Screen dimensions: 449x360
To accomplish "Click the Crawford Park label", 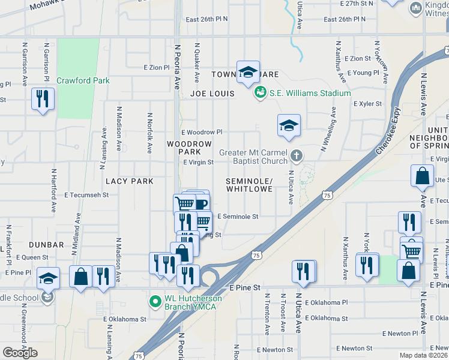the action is coord(83,80).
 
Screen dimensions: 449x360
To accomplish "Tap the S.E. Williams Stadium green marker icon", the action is coord(260,92).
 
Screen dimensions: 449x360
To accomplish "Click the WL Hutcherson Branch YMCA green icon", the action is coord(154,299).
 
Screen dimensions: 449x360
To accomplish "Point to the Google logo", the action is coord(20,353).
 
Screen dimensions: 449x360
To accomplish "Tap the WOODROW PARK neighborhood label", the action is coord(189,148).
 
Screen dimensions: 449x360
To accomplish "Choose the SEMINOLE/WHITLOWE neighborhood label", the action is coord(249,185).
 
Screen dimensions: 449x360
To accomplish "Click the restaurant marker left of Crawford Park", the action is coord(43,98).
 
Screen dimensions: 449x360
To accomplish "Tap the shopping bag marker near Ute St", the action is coord(422,176).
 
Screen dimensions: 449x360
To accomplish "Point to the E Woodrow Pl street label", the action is coord(202,132).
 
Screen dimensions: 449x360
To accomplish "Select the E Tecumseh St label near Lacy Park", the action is coord(86,195).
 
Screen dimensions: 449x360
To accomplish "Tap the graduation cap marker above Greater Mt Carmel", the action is coord(289,125).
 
